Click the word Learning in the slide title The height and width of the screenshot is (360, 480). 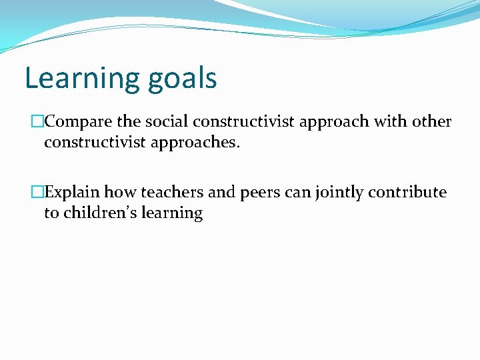pyautogui.click(x=74, y=79)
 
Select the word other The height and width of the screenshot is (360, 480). pyautogui.click(x=432, y=122)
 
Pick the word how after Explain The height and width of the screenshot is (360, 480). pyautogui.click(x=120, y=193)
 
